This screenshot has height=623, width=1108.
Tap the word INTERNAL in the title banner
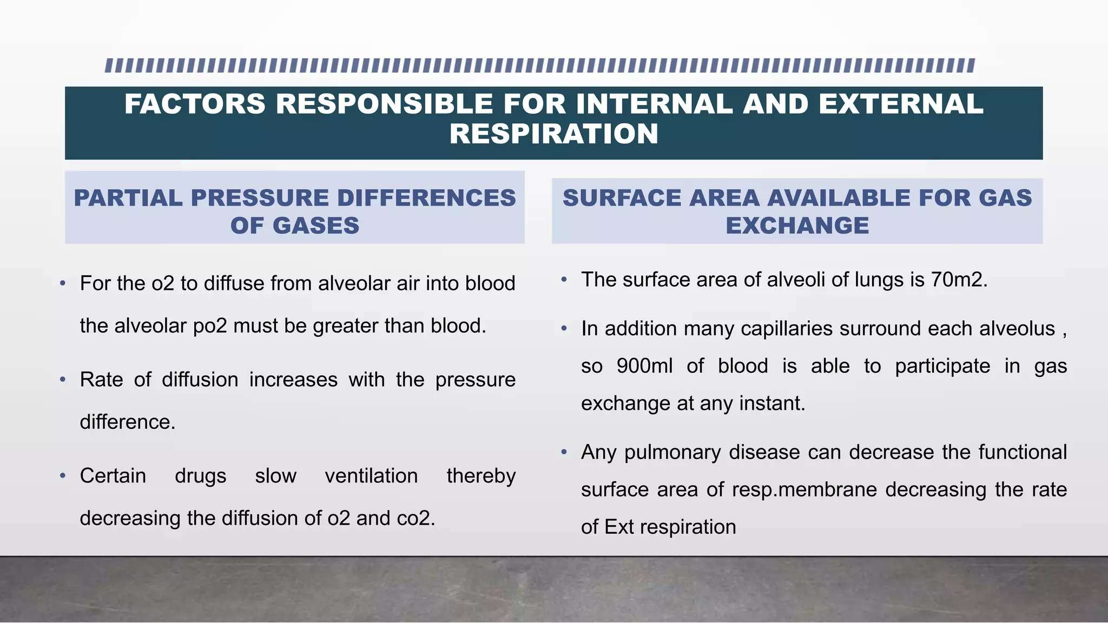click(654, 104)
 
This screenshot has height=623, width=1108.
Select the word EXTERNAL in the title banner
click(901, 104)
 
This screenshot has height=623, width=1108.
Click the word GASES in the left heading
click(316, 226)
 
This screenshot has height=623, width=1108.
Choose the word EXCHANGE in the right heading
click(797, 226)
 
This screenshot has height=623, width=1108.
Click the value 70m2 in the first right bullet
click(959, 280)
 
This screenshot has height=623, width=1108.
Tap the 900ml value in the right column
click(644, 366)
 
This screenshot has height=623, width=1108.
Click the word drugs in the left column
click(200, 476)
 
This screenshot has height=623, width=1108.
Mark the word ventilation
click(371, 476)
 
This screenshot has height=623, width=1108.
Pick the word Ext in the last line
click(619, 527)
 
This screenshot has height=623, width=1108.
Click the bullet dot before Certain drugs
click(63, 476)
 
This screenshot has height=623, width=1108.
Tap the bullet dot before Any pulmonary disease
click(564, 452)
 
